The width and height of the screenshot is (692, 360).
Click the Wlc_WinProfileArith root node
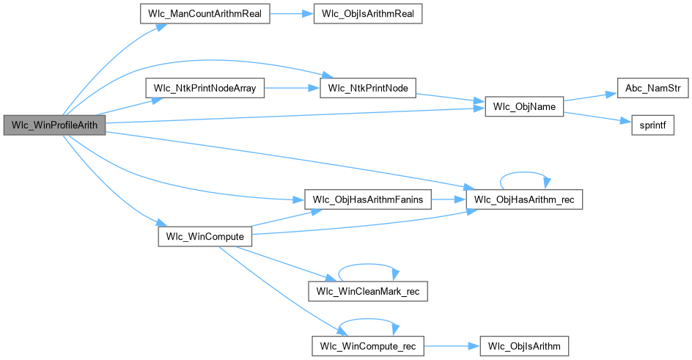click(55, 125)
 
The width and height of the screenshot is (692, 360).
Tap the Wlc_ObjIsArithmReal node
click(367, 15)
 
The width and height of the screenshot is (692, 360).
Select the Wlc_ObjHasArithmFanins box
click(367, 199)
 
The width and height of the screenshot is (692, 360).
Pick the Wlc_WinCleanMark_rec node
click(367, 292)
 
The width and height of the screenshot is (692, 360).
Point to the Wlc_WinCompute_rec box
click(367, 345)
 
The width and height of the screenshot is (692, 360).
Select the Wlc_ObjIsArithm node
click(523, 345)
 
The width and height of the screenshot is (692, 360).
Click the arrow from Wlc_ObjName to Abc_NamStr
click(591, 98)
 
